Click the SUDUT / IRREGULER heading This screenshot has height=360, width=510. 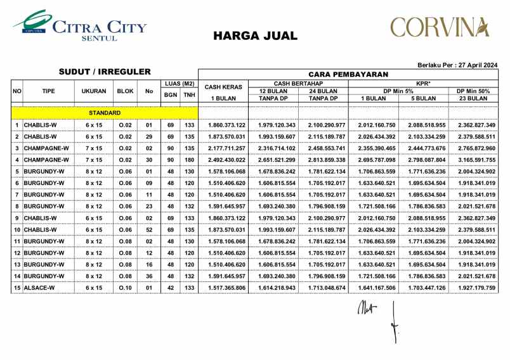click(x=105, y=72)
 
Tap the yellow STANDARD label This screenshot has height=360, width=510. click(x=105, y=112)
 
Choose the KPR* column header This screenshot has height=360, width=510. click(x=424, y=84)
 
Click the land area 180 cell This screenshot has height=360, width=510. click(x=189, y=158)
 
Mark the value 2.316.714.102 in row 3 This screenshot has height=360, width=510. click(x=275, y=147)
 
